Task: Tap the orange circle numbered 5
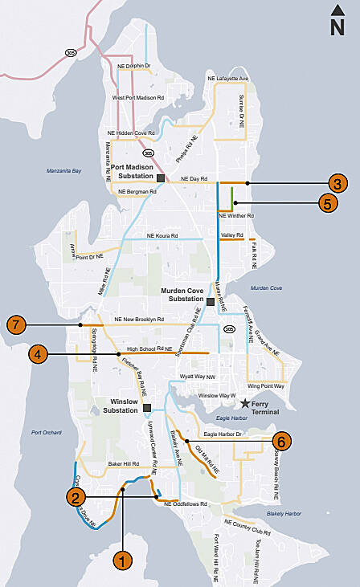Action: tap(327, 203)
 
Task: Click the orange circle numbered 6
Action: tap(281, 441)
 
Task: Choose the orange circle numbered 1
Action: tap(122, 561)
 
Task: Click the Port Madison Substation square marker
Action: tap(161, 177)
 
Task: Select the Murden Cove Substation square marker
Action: tap(211, 302)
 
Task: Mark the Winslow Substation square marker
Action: tap(146, 408)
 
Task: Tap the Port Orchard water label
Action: tap(47, 432)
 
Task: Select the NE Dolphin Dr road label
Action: tap(134, 65)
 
